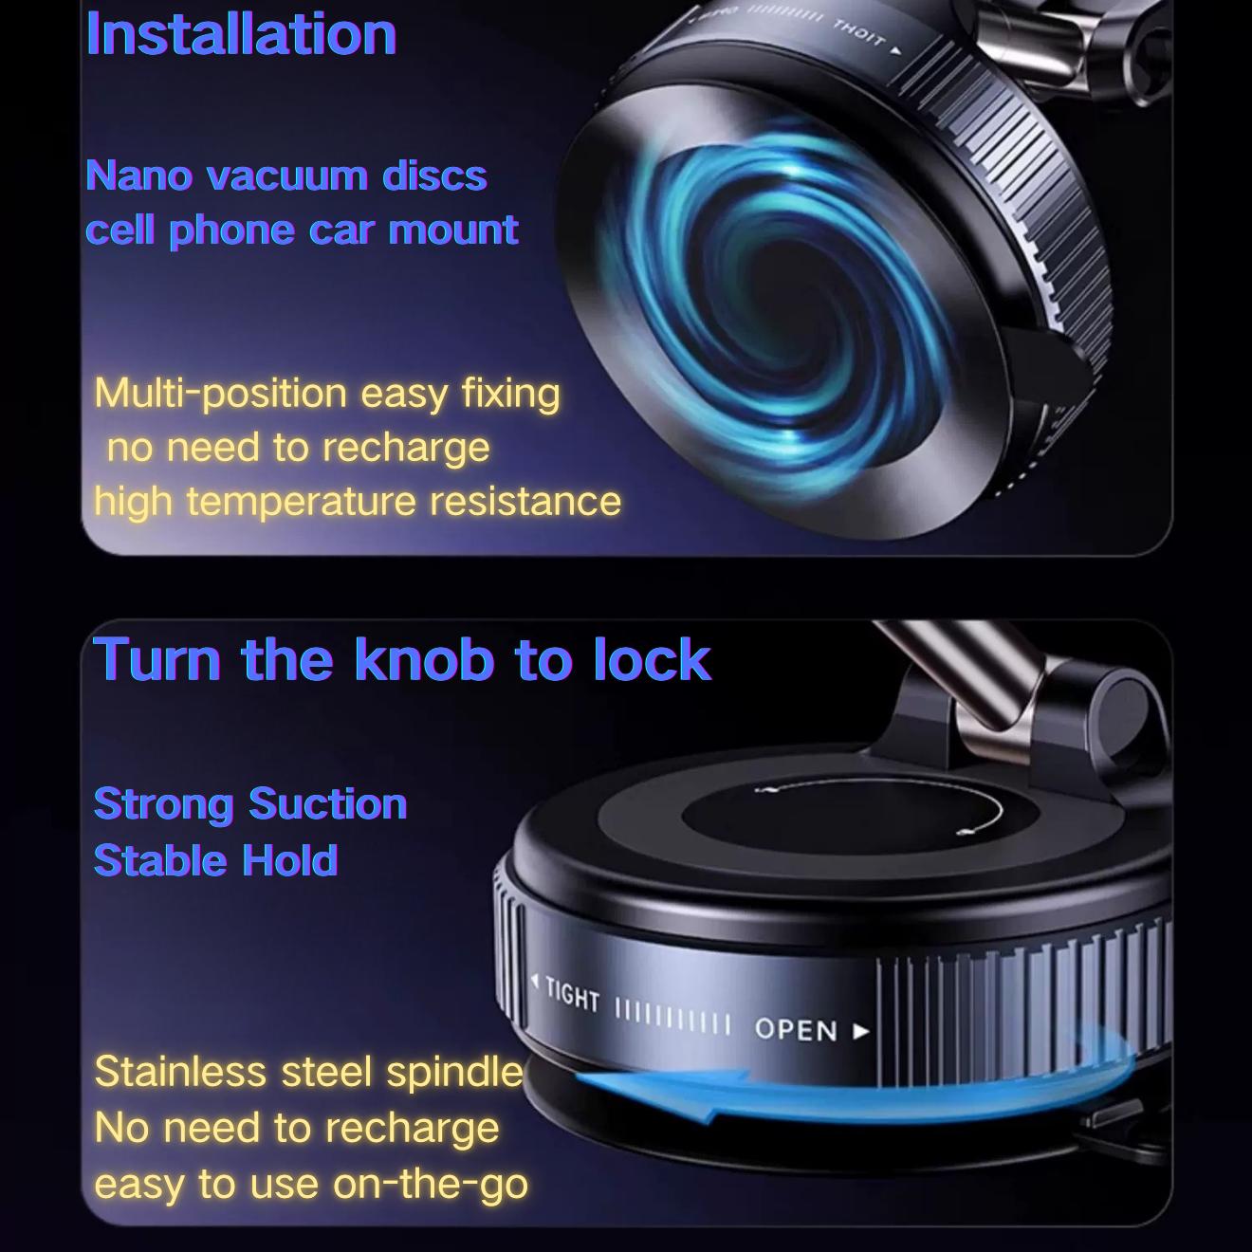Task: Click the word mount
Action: (452, 230)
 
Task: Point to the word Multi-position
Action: (221, 395)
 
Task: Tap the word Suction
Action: (328, 804)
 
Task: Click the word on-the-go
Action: (431, 1184)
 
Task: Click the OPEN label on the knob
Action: (797, 1030)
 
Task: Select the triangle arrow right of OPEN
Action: (861, 1030)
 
